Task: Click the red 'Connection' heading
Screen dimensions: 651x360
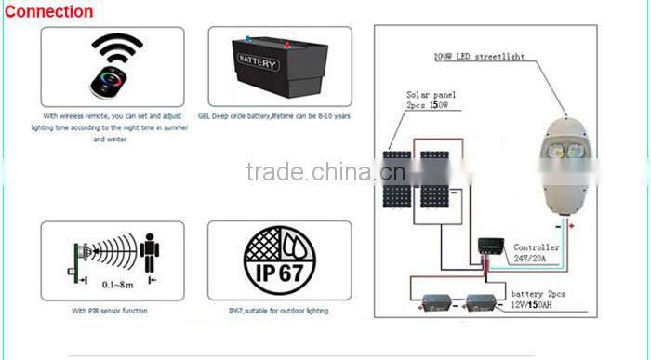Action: pos(48,12)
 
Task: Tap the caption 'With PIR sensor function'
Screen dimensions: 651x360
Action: pos(108,311)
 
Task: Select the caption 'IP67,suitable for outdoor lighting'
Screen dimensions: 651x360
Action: pos(279,311)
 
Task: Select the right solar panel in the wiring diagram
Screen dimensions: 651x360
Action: pos(434,179)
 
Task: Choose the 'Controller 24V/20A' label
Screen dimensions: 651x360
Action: pos(537,253)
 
